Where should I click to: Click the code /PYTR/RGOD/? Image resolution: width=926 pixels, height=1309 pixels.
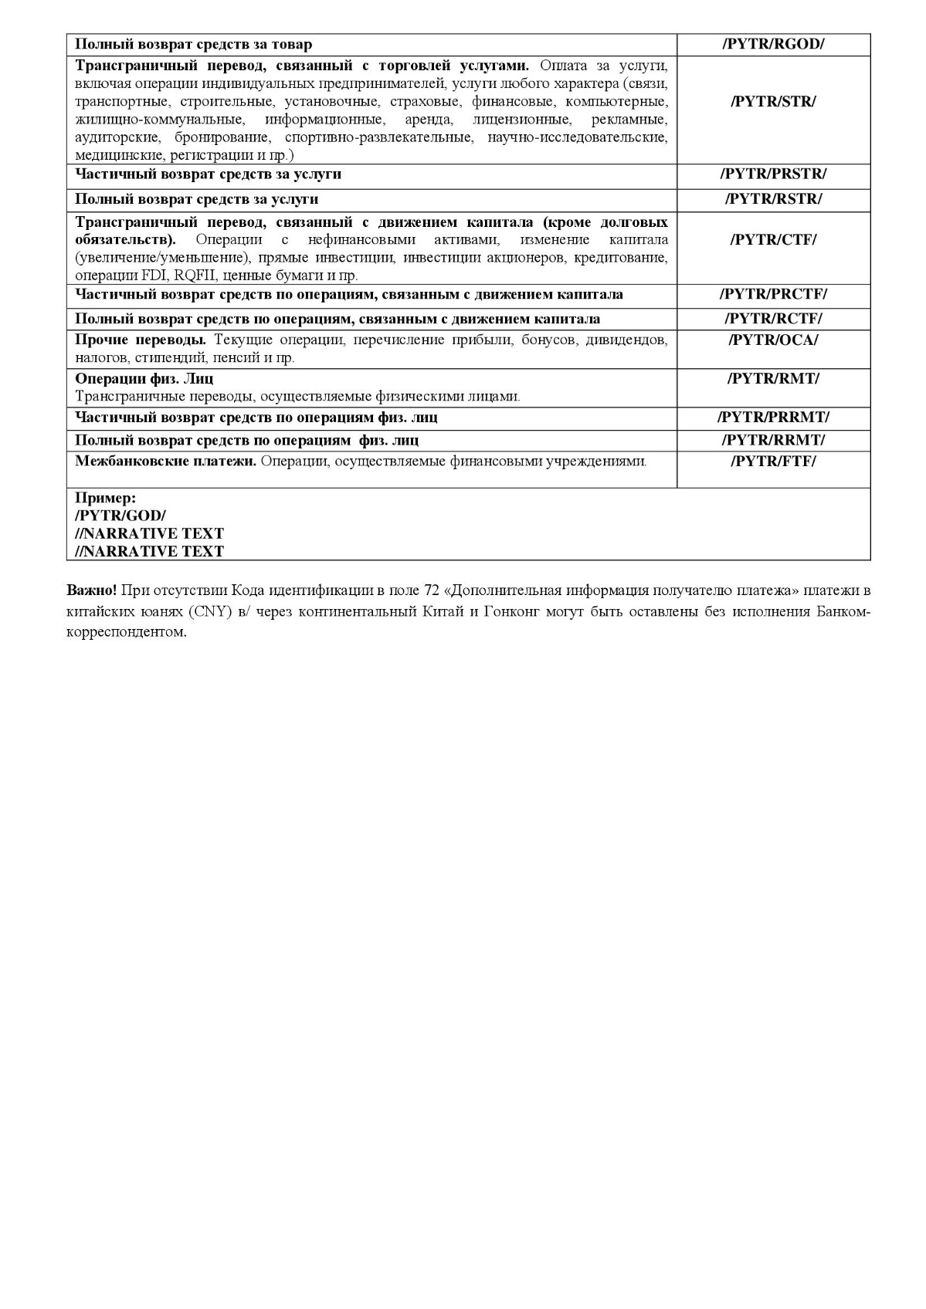pos(773,45)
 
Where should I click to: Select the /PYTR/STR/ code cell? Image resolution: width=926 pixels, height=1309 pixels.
pos(773,101)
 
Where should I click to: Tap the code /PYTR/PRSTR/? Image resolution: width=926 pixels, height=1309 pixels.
pos(773,174)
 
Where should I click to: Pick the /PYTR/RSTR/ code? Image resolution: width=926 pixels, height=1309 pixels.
pos(773,199)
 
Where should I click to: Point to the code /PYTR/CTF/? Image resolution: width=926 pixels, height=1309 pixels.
pos(773,239)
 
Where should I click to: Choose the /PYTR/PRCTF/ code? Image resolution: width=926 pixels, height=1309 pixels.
pos(773,294)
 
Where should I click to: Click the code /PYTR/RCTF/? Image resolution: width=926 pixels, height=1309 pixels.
pos(773,319)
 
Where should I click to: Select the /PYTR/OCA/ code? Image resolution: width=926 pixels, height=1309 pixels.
pos(773,340)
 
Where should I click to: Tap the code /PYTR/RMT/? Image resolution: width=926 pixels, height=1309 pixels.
pos(773,378)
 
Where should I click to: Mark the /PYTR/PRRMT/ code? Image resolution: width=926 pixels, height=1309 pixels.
pos(773,418)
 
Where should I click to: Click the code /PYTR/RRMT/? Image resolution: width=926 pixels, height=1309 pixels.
pos(773,440)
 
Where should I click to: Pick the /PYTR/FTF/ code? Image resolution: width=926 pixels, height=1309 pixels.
pos(773,462)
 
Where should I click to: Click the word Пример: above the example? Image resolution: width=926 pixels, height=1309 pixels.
pos(106,498)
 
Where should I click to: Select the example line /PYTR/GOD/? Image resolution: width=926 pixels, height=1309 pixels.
pos(120,516)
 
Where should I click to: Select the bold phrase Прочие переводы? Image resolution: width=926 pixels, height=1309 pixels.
pos(140,340)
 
